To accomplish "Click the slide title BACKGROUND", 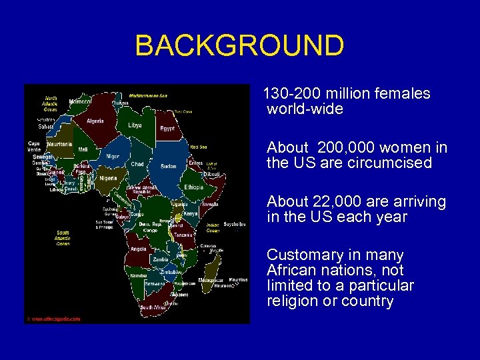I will coord(239,46).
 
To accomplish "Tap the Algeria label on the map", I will coord(95,121).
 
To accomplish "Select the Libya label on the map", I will coord(135,125).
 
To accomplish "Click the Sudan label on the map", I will coord(168,166).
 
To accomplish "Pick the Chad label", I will coord(137,164).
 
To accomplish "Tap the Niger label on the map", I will coord(113,156).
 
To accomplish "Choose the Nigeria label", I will coord(107,179).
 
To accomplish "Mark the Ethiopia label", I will coord(194,187).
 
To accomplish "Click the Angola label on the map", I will coord(139,249).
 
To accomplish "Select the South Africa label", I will coord(153,307).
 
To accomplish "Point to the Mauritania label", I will coord(59,144).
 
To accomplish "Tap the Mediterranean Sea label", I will coord(149,95).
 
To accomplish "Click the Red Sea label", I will coord(198,147).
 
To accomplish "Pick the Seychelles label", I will coord(234,224).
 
